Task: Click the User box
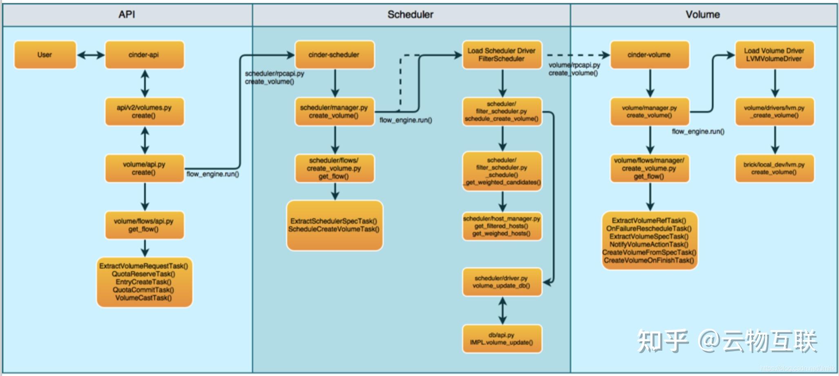[45, 55]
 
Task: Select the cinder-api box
[144, 55]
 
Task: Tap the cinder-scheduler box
[334, 55]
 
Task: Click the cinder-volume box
[649, 55]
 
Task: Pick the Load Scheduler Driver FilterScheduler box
[502, 55]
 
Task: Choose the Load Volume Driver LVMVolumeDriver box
[774, 55]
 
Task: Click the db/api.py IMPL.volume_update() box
[502, 339]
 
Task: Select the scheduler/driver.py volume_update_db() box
[502, 282]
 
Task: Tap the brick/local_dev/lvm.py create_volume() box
[774, 168]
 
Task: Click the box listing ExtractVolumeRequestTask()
[144, 282]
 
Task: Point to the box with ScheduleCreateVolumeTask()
[334, 225]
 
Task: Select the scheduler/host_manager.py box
[502, 226]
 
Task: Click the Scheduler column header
[411, 15]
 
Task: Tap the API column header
[127, 15]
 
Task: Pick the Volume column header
[703, 15]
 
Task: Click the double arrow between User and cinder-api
[91, 55]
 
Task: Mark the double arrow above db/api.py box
[502, 311]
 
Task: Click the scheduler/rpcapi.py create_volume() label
[274, 78]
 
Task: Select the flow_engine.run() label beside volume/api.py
[213, 174]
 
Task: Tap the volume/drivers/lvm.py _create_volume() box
[774, 112]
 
